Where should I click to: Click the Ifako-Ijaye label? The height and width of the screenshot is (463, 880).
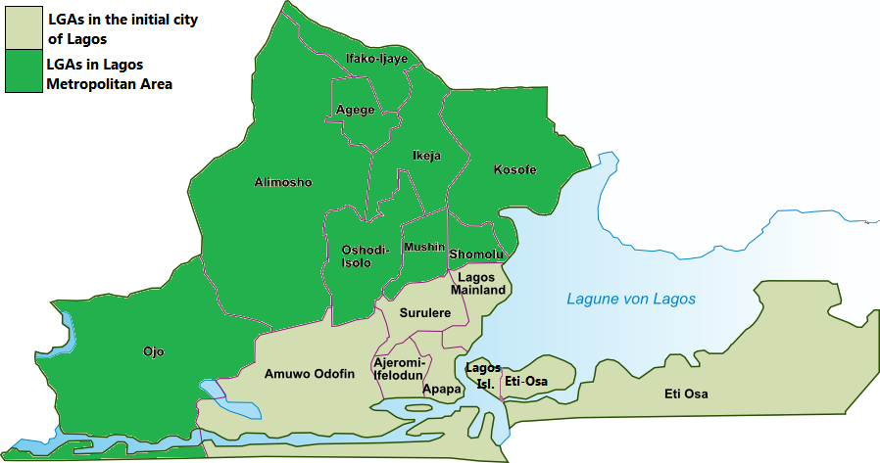(376, 59)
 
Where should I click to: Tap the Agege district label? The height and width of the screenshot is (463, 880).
(355, 110)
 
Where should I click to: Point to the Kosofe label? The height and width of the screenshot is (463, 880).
(513, 169)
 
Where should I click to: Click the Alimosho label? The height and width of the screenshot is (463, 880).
(282, 182)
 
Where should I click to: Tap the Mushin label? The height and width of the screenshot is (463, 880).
(423, 247)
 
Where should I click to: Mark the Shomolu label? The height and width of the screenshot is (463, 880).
(476, 255)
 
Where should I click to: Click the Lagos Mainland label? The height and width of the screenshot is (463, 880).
(478, 284)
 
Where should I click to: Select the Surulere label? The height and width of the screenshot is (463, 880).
(424, 313)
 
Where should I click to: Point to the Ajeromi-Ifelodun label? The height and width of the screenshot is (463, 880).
(398, 369)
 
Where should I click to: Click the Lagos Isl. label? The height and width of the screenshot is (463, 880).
(483, 375)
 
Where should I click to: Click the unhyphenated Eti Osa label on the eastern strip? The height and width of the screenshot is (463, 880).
(685, 394)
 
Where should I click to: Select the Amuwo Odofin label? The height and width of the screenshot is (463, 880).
(309, 373)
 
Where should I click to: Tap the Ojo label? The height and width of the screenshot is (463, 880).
(154, 351)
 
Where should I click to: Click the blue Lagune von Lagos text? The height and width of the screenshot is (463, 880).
(631, 299)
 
